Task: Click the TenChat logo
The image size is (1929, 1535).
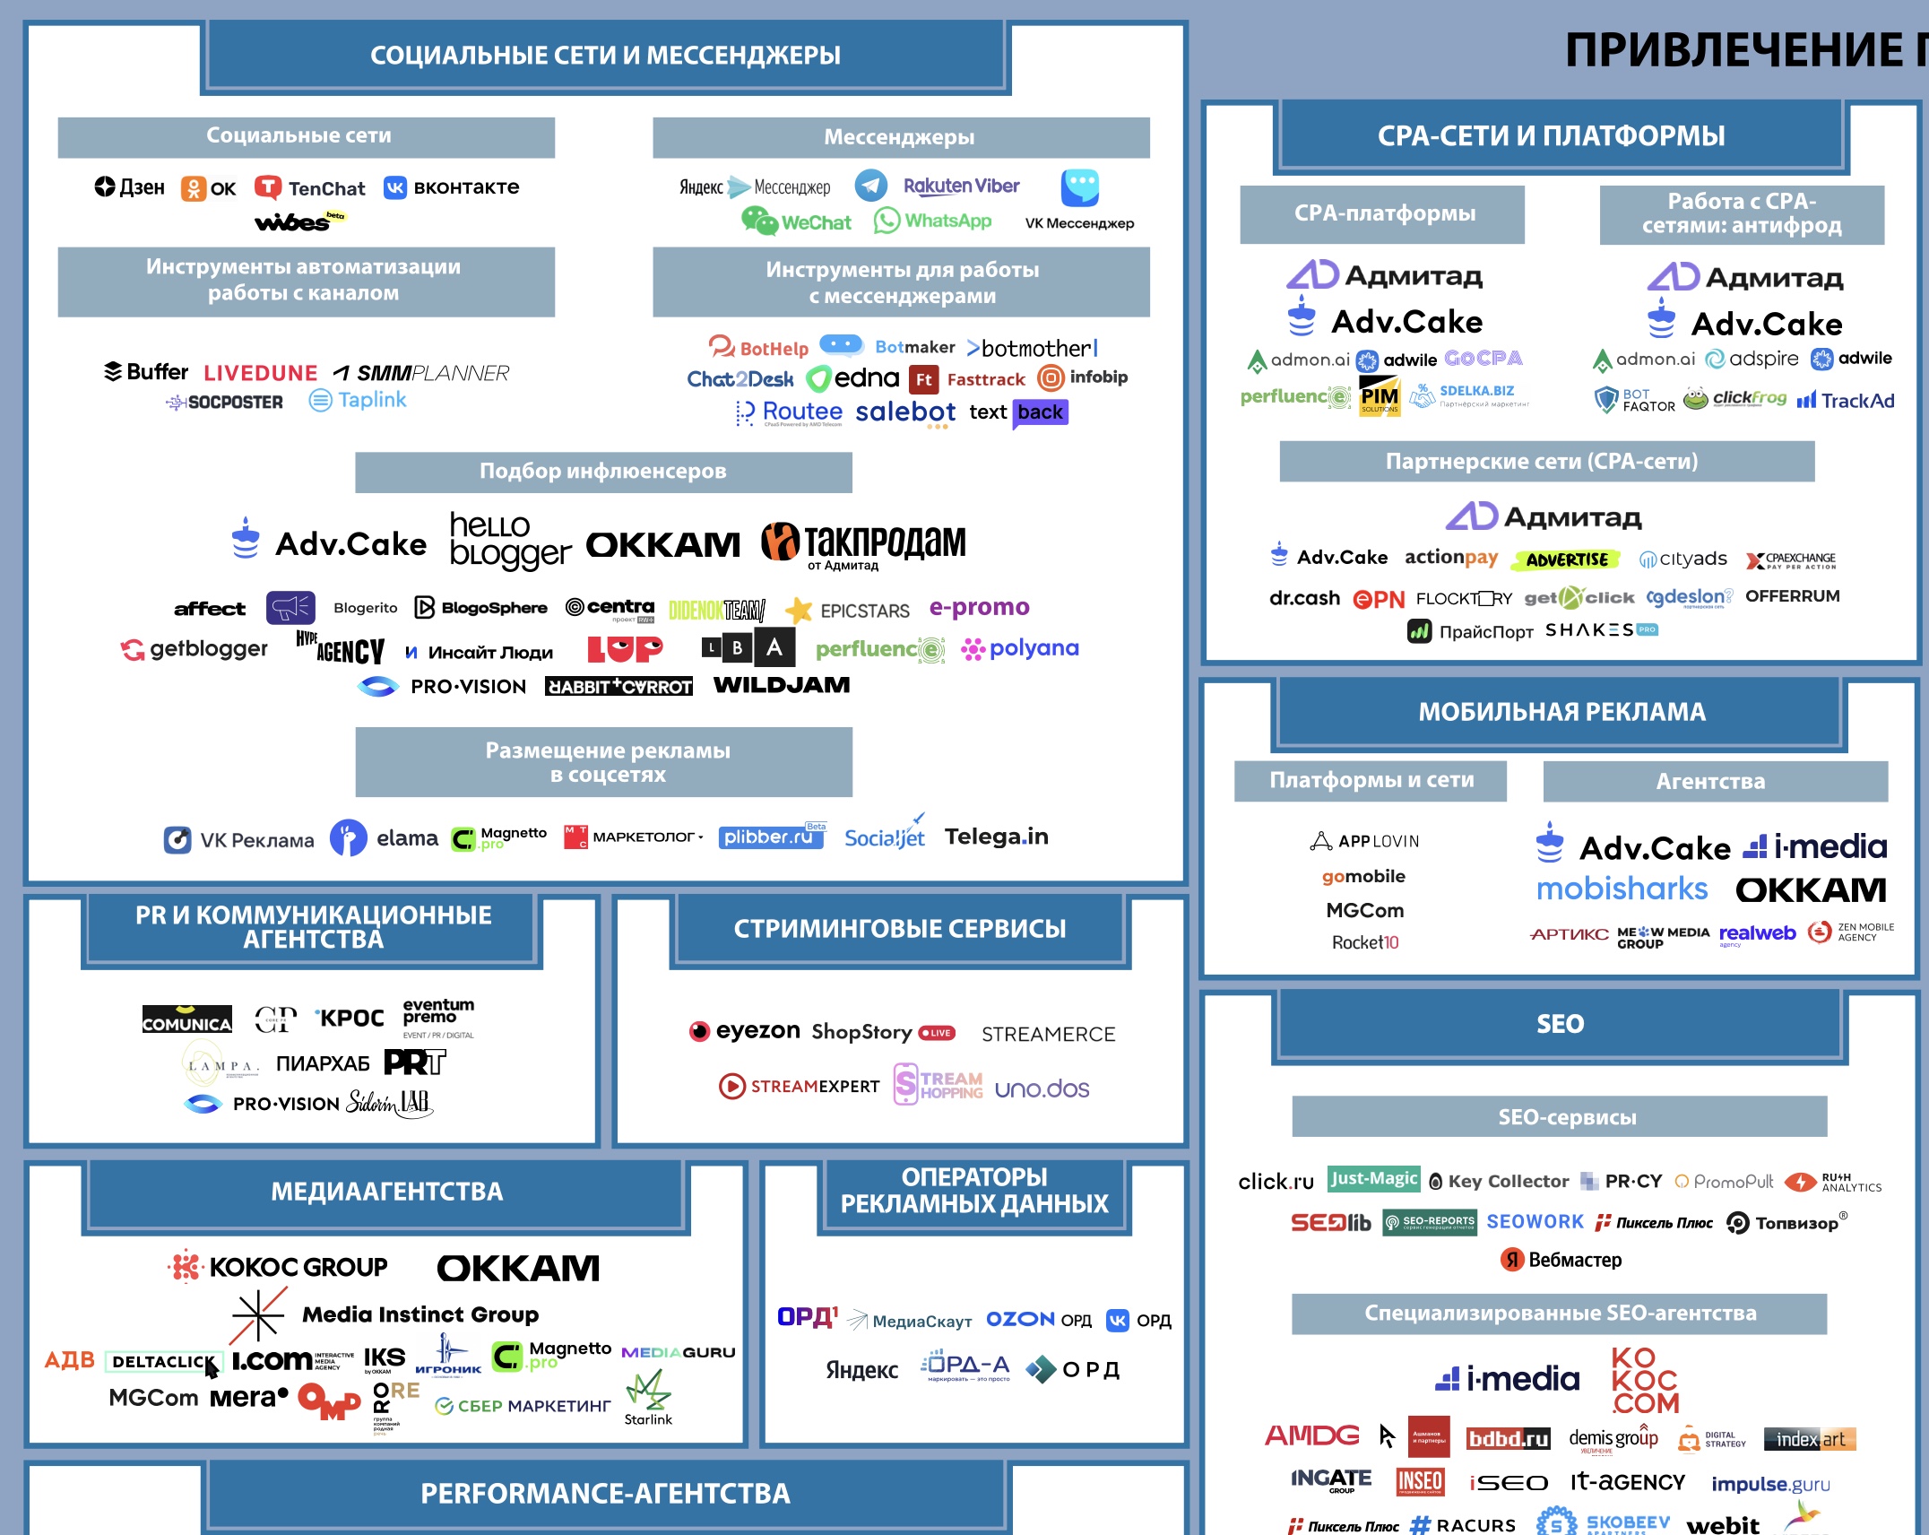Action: point(310,188)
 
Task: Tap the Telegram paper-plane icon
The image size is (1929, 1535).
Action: point(870,186)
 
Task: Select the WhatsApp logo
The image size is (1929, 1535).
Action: point(933,221)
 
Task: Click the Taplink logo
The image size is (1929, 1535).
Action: point(358,400)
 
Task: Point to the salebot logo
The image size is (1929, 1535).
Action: point(905,412)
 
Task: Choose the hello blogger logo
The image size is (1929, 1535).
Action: point(509,541)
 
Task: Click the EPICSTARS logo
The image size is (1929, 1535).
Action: point(848,611)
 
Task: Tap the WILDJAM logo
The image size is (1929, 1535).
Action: point(782,686)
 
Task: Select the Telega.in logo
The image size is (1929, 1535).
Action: point(996,837)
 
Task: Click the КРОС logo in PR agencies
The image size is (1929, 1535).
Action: point(350,1019)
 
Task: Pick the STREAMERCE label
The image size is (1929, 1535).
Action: point(1048,1035)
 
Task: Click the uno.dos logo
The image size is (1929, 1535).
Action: point(1042,1089)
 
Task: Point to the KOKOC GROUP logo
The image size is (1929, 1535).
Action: point(279,1267)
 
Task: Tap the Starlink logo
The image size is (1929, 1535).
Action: point(648,1399)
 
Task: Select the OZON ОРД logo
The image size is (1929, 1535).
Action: point(1038,1320)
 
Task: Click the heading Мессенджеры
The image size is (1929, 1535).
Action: point(900,137)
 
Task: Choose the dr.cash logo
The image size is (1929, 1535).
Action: point(1304,598)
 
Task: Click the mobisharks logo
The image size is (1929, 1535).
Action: point(1622,889)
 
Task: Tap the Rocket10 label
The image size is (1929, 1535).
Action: point(1364,942)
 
